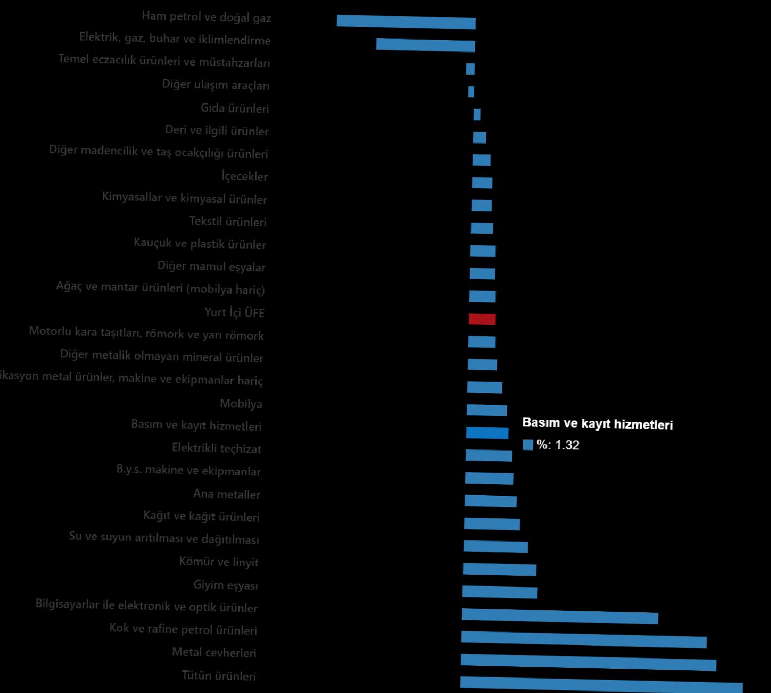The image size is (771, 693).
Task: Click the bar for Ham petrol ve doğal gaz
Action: pos(406,22)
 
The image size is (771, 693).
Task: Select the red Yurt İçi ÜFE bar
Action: pos(482,319)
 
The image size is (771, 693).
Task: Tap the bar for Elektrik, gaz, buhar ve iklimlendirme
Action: pos(425,45)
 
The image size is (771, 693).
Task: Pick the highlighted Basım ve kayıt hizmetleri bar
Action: pos(487,433)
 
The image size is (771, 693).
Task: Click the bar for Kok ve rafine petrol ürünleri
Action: pos(583,639)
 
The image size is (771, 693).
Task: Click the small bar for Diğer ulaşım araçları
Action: pos(471,92)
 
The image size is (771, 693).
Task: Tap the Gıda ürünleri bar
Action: pos(477,115)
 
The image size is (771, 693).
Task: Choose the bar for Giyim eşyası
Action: pos(499,592)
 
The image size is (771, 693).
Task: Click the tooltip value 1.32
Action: pos(567,445)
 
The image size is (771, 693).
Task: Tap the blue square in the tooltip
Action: pos(528,445)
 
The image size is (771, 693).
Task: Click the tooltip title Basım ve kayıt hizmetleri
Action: pos(597,424)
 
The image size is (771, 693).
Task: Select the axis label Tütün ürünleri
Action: pos(219,676)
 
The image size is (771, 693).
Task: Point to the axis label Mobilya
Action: pos(241,404)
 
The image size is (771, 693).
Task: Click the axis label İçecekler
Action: pos(244,176)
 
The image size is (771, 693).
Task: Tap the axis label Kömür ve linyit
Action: pos(219,562)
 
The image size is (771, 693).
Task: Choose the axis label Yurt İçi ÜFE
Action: pos(234,312)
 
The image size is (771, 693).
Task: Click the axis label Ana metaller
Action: pos(226,494)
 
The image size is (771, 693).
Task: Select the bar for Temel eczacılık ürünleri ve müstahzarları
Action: pos(470,69)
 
